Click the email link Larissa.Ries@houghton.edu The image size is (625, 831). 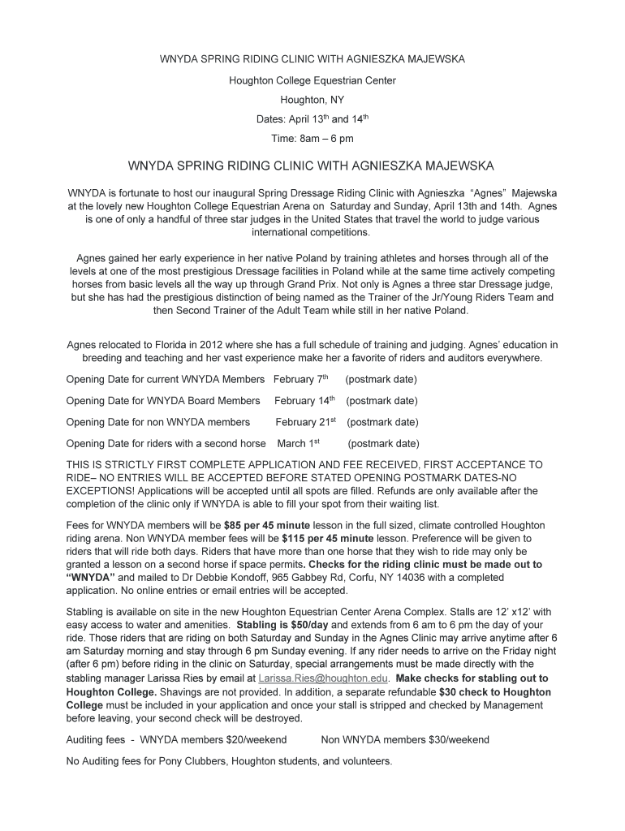click(x=323, y=678)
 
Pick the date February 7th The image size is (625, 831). click(x=300, y=380)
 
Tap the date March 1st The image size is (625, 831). click(x=299, y=444)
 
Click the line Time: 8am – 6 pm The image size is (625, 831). click(x=312, y=139)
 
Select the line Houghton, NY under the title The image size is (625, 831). click(x=312, y=100)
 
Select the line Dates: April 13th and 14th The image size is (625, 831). click(x=312, y=119)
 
